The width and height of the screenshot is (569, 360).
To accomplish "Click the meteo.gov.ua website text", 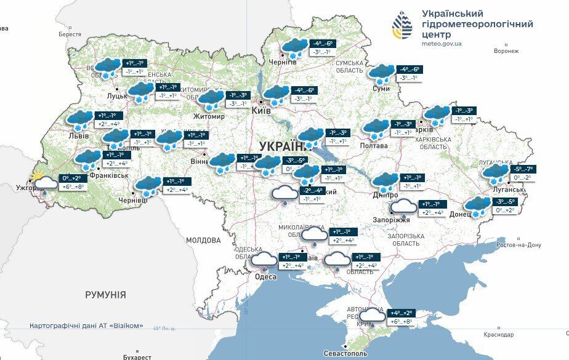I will [442, 44].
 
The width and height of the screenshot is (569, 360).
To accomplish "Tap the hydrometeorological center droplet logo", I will [403, 25].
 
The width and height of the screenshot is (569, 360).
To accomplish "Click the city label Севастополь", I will [345, 354].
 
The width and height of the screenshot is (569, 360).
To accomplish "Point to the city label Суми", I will [381, 89].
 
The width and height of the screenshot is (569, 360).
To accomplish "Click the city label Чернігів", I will [283, 63].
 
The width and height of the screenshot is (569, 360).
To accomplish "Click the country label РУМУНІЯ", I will [105, 295].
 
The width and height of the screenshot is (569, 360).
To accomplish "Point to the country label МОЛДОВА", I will [203, 240].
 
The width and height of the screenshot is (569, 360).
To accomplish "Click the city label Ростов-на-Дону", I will [519, 245].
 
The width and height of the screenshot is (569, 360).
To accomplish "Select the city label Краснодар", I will [498, 335].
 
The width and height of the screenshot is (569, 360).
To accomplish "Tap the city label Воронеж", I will [506, 52].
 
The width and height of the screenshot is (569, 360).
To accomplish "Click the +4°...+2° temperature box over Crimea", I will [402, 313].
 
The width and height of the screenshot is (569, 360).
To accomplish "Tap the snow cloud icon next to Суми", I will [382, 74].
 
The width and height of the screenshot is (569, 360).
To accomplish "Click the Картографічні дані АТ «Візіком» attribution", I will [86, 326].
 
